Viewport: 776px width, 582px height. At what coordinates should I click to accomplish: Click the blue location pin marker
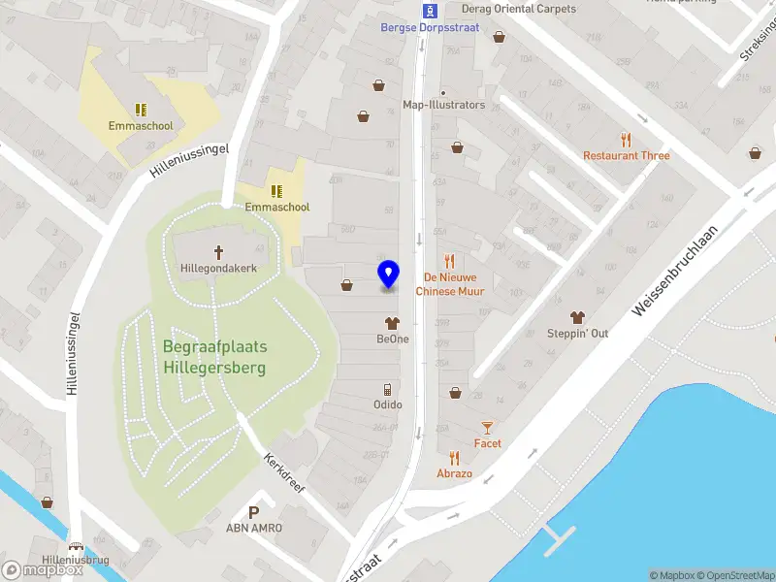[388, 275]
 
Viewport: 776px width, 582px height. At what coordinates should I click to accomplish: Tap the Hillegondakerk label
[218, 269]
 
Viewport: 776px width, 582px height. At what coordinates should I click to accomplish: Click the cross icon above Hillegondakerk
[218, 251]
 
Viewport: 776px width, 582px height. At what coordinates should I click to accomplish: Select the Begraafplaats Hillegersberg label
[214, 357]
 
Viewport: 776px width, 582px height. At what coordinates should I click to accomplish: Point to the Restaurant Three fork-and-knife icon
[626, 139]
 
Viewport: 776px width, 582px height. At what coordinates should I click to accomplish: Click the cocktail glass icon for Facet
[488, 427]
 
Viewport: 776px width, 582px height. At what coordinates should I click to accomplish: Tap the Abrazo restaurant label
[454, 473]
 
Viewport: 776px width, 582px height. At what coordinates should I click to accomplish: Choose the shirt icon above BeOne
[392, 322]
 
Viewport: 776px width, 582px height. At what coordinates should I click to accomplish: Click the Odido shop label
[388, 404]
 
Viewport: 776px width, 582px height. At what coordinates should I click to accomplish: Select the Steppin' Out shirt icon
[577, 316]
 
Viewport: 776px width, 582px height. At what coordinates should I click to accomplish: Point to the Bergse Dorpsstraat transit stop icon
[432, 11]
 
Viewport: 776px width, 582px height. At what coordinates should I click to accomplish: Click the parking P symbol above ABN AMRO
[254, 512]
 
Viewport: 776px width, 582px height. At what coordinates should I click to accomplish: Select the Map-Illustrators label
[443, 105]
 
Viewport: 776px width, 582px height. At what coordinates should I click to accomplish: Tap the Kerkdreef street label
[284, 472]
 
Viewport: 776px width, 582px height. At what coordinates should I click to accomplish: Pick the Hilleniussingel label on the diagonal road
[189, 155]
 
